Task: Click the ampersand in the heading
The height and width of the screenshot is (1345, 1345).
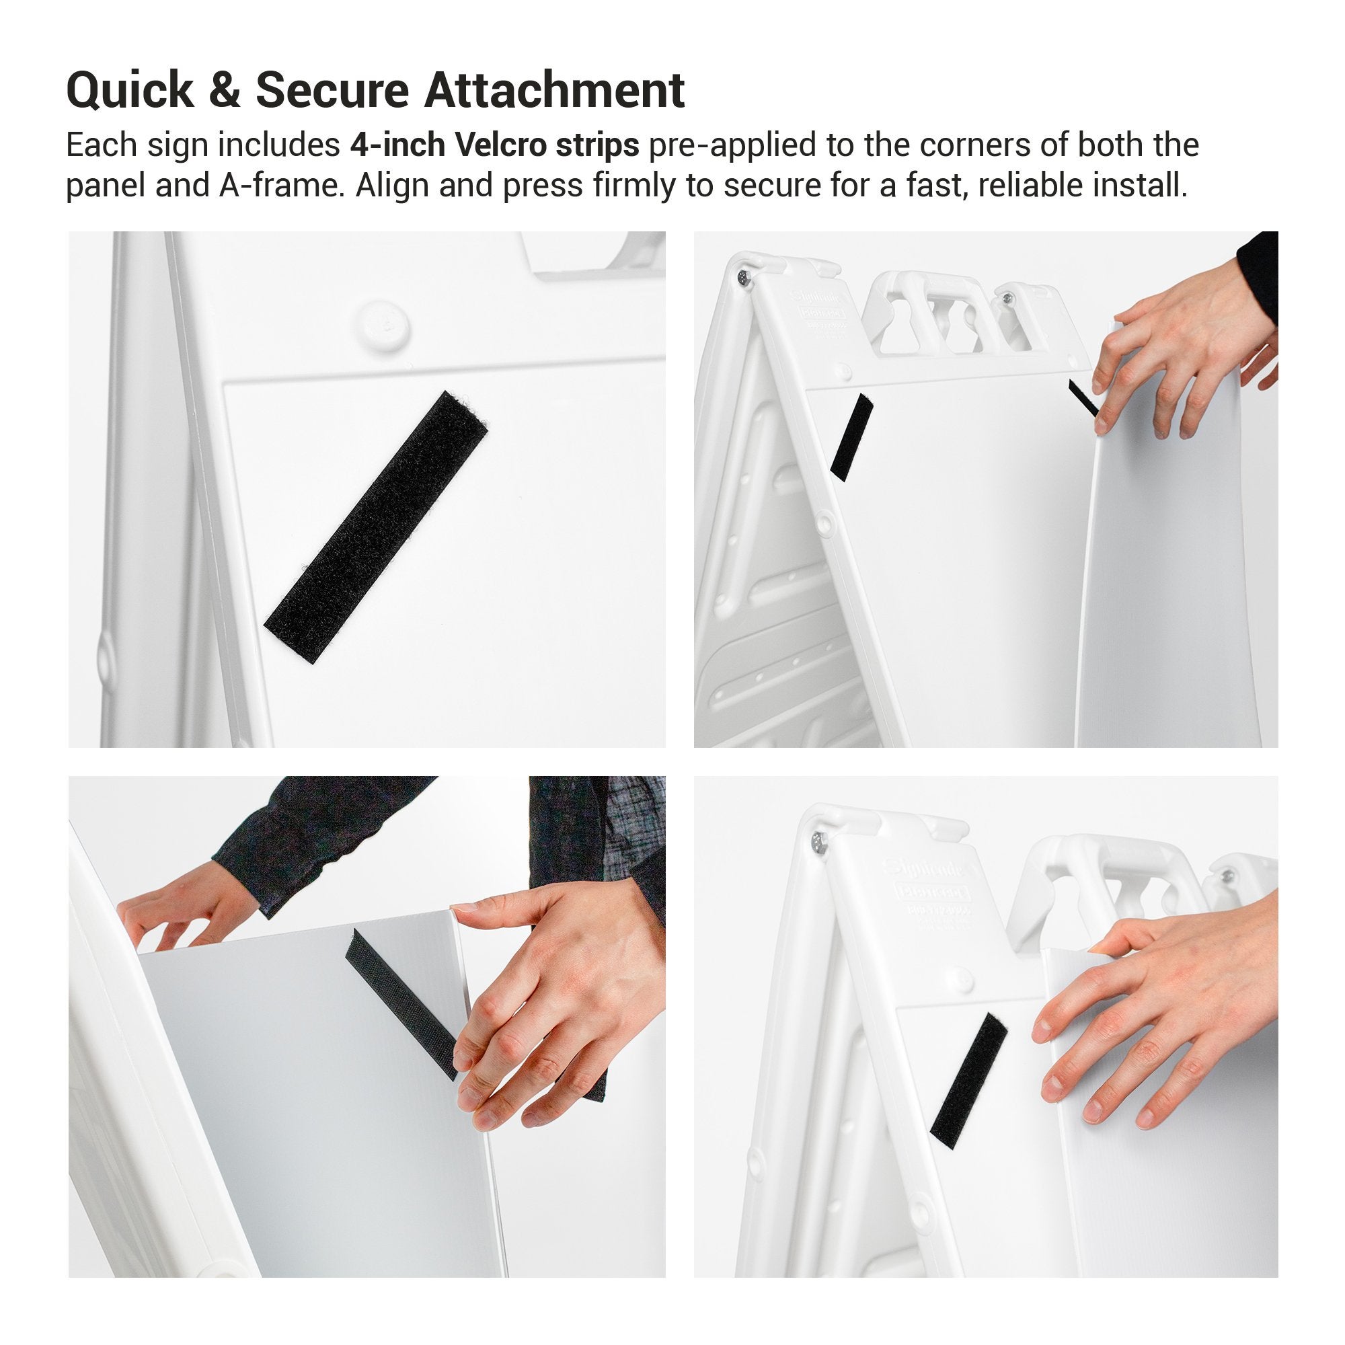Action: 224,91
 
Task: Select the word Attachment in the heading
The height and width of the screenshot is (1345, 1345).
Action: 554,91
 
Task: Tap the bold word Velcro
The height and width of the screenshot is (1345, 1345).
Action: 496,145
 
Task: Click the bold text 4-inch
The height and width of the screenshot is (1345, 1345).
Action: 397,145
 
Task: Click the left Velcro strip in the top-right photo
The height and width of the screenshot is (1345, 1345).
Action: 853,437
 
